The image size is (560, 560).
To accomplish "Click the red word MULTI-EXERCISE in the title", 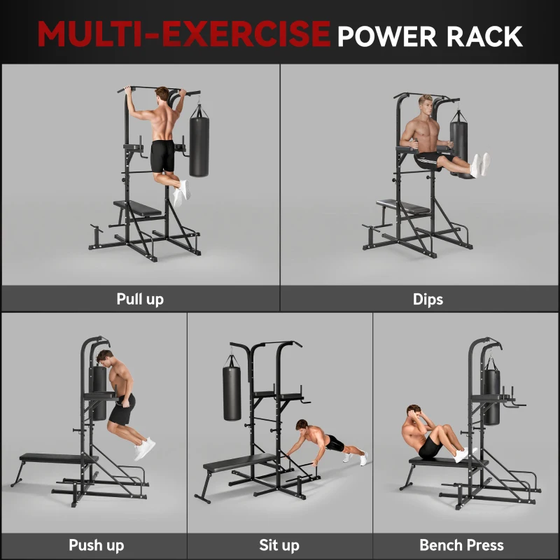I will (183, 34).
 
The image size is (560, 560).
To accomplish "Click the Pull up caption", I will (140, 299).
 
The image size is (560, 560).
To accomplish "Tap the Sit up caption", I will (279, 545).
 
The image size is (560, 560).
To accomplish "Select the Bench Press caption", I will (461, 545).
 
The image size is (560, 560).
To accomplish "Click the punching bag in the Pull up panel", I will (201, 147).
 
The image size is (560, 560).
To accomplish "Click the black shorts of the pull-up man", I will (162, 155).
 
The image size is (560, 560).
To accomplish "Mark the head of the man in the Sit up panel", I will (302, 426).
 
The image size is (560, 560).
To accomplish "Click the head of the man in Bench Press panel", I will (411, 413).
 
